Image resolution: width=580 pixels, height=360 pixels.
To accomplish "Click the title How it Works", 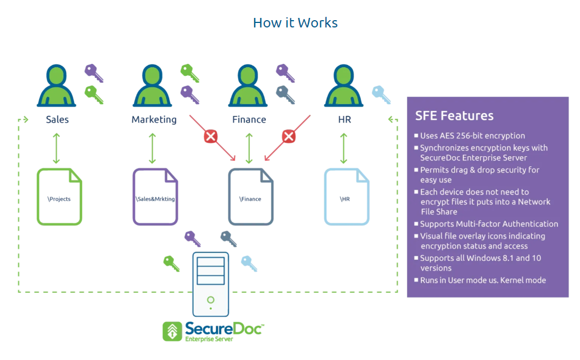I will (295, 22).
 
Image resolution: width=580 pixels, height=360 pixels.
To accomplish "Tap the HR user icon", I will (344, 86).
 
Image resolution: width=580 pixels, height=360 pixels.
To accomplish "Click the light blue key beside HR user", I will (381, 95).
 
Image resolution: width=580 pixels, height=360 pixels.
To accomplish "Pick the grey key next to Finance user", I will (286, 95).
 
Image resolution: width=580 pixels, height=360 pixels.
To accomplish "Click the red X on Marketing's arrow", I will (211, 136).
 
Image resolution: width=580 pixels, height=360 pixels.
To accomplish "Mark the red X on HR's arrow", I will (288, 136).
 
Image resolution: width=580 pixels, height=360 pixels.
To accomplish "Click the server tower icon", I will (211, 284).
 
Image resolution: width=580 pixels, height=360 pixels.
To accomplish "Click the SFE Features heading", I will (454, 116).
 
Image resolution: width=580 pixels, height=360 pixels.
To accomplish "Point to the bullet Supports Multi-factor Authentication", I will (489, 224).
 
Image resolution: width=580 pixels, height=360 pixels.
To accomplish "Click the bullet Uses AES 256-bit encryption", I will (473, 135).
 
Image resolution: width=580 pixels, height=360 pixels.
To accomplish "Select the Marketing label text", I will (154, 120).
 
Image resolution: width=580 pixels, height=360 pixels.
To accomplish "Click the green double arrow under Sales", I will (57, 148).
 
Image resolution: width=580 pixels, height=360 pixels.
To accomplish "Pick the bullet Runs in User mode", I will (483, 280).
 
